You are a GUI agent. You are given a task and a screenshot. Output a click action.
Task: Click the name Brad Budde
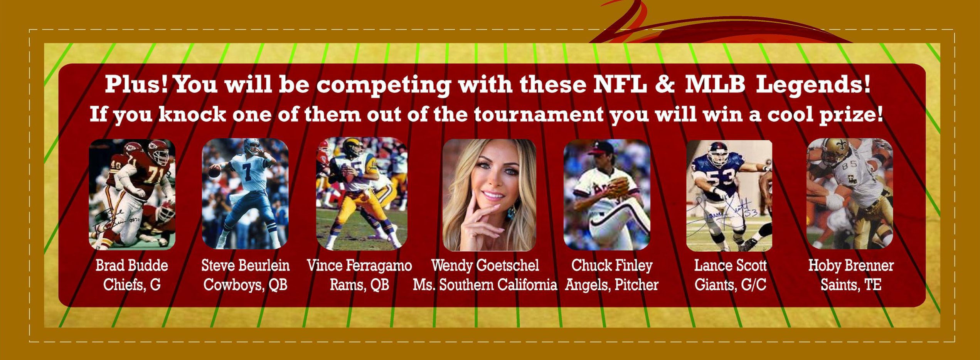pos(132,266)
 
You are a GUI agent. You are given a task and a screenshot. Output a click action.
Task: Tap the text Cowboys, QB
pos(245,285)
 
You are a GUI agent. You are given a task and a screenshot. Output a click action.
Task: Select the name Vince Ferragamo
pos(359,266)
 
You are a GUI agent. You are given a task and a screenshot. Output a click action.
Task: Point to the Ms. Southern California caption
pos(485,285)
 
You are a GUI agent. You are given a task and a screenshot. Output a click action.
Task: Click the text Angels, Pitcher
pos(612,285)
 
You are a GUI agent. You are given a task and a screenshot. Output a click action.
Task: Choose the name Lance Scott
pos(730,266)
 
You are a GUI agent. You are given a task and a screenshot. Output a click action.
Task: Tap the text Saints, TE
pos(851,285)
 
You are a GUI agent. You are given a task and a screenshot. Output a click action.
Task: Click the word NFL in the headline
pos(620,84)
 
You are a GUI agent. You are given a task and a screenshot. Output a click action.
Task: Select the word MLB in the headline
pos(715,84)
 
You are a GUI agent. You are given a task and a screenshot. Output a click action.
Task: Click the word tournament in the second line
pos(539,114)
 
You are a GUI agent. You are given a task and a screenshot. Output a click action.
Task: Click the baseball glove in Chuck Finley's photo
pos(616,187)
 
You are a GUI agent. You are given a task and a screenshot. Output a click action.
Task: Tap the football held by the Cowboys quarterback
pos(214,171)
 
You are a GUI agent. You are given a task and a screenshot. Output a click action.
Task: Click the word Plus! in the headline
pos(136,84)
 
